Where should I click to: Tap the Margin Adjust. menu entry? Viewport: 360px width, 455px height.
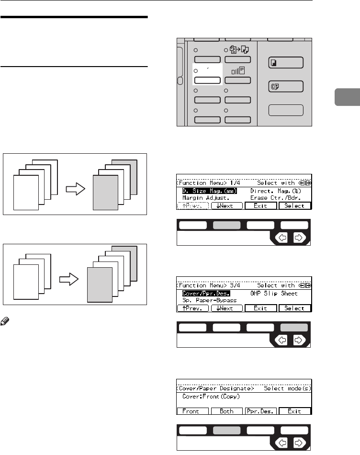[206, 197]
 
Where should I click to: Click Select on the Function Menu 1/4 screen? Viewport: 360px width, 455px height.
[294, 205]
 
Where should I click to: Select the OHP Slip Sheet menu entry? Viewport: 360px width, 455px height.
[274, 293]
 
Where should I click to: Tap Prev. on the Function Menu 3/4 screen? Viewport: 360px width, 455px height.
[193, 308]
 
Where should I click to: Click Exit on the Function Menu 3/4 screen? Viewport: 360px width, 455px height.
[260, 308]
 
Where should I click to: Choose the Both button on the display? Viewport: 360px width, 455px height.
[227, 411]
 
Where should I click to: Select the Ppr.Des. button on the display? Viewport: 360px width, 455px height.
[260, 411]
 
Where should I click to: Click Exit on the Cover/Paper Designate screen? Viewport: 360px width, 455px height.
[294, 411]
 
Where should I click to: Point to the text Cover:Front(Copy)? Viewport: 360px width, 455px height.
[211, 397]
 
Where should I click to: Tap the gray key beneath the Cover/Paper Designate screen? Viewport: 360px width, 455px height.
[227, 430]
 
